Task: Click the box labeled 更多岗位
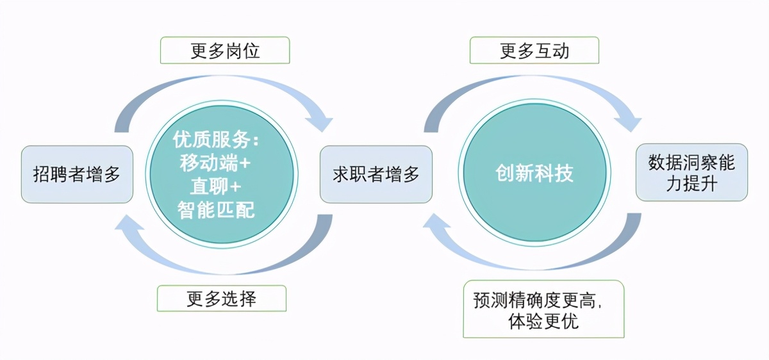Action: (225, 50)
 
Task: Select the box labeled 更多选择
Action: (222, 299)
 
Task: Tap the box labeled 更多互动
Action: (534, 50)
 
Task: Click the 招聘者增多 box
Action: (77, 174)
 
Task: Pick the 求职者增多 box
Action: (376, 174)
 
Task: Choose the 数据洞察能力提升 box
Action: (691, 172)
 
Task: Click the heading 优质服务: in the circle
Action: (222, 140)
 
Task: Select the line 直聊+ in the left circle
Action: (215, 186)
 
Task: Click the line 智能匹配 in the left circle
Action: (217, 209)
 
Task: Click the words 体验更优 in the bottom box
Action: (543, 321)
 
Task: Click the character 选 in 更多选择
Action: (230, 299)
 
